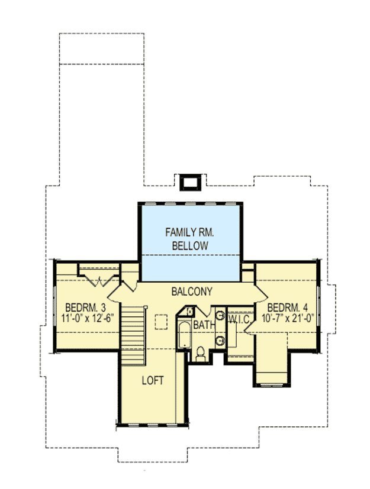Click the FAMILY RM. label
189,232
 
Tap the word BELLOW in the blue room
189,245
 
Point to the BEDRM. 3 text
85,307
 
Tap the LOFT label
152,380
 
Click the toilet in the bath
200,353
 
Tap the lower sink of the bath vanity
219,340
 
